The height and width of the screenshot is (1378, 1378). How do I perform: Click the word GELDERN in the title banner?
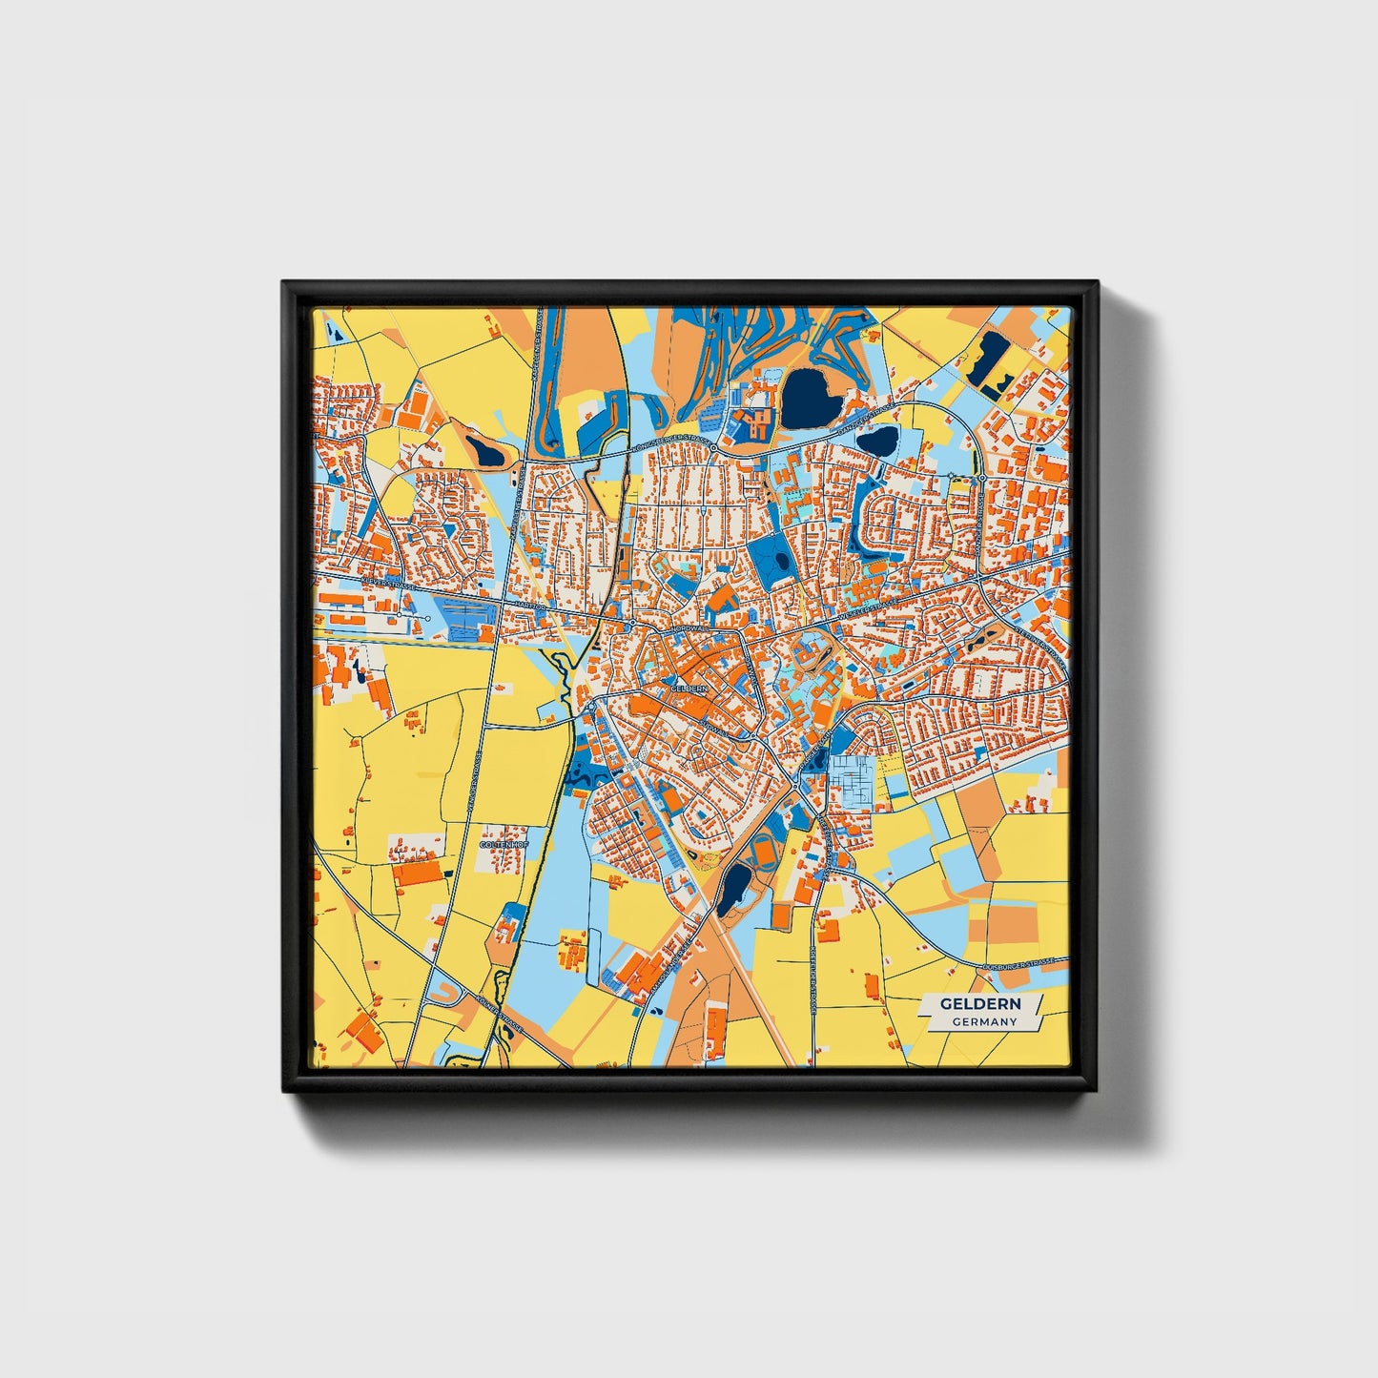point(980,1003)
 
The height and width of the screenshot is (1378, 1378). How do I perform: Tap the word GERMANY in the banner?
point(984,1021)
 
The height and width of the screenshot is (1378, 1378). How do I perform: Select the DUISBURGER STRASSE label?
point(1021,964)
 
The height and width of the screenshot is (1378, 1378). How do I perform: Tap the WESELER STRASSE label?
point(870,607)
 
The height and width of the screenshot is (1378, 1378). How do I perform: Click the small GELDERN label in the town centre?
point(689,687)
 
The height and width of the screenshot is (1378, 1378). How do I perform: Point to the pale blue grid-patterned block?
point(853,779)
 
